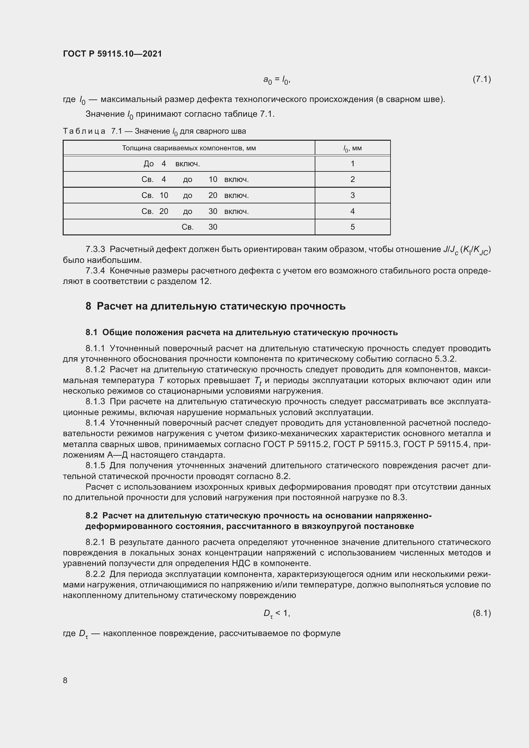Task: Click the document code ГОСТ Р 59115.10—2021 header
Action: coord(112,54)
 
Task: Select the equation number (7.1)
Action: coord(481,79)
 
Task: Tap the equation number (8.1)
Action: coord(481,613)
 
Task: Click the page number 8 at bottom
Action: coord(65,680)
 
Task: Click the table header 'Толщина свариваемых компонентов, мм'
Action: coord(189,148)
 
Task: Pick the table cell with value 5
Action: coord(352,227)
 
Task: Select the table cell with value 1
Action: coord(352,163)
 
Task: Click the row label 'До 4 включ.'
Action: coord(172,163)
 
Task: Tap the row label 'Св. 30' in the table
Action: coord(199,227)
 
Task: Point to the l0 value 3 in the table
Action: coord(352,195)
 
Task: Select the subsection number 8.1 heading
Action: coord(91,332)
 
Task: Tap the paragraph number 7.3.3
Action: coord(95,249)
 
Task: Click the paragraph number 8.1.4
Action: coord(95,423)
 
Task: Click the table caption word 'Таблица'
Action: coord(84,131)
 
